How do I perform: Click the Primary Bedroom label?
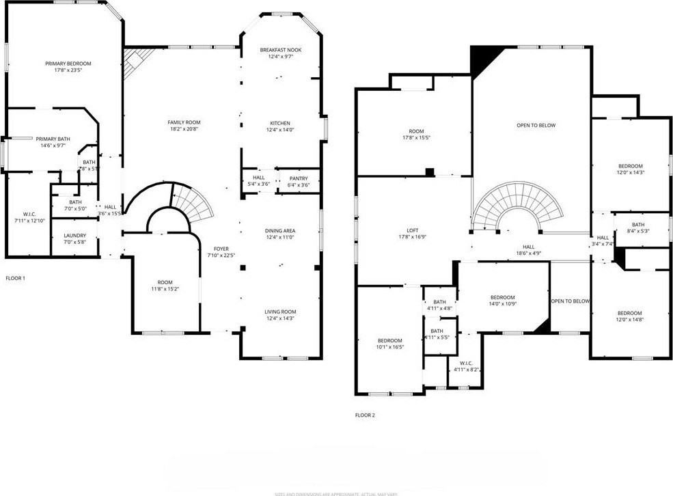[68, 64]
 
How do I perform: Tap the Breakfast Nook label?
[280, 50]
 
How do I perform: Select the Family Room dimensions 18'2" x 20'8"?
[184, 129]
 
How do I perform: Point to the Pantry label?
[299, 178]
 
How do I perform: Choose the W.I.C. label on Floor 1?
[29, 215]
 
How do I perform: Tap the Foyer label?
[221, 249]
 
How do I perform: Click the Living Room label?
[280, 312]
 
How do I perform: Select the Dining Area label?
[280, 231]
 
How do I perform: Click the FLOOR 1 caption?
[15, 278]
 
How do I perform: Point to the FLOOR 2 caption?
[365, 415]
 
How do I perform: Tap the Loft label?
[412, 231]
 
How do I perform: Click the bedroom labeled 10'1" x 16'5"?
[390, 340]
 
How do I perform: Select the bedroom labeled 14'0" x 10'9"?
[502, 297]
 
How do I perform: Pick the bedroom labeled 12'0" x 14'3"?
[630, 166]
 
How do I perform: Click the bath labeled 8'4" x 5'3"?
[637, 225]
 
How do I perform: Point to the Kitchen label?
[280, 123]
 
